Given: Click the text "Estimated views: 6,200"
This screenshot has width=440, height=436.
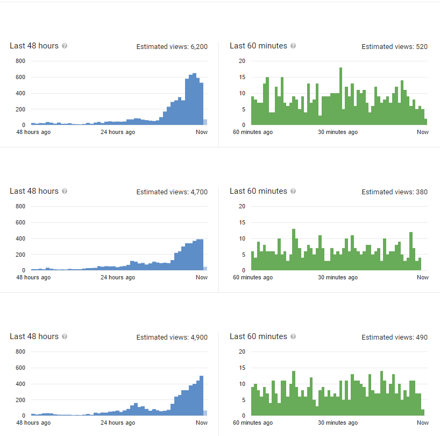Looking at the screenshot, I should point(172,47).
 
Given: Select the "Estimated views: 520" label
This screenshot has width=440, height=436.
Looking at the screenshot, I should point(394,47).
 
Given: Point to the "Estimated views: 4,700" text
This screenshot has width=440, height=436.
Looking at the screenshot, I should point(172,192).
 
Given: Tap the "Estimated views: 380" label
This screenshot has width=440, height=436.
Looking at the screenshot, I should point(394,192).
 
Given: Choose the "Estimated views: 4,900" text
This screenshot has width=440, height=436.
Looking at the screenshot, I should point(172,337).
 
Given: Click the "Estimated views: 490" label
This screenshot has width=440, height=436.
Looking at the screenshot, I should point(394,337).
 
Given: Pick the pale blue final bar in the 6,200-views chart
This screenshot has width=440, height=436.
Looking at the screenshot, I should point(205,122).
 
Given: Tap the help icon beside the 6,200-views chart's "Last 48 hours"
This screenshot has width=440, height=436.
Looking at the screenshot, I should point(65,46).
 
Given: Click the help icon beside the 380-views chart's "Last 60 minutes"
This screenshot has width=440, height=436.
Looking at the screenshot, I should point(293,192).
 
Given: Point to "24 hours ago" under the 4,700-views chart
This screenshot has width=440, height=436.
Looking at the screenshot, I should point(118,278).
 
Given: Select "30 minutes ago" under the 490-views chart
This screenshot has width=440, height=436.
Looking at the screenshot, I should point(338,423).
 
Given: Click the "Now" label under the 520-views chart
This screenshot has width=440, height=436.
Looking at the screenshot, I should point(423,132).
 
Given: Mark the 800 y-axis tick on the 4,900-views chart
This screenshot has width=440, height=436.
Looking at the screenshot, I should point(20,351).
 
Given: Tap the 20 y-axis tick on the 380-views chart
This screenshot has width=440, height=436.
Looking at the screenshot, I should point(242,206).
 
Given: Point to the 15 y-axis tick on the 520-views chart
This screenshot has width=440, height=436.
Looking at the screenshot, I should point(242,77).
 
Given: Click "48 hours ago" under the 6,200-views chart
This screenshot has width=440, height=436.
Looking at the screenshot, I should point(33,132).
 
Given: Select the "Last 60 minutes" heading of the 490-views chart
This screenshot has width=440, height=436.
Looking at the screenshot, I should point(258,336).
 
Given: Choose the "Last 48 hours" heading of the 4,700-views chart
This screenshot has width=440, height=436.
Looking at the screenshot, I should point(34,191).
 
